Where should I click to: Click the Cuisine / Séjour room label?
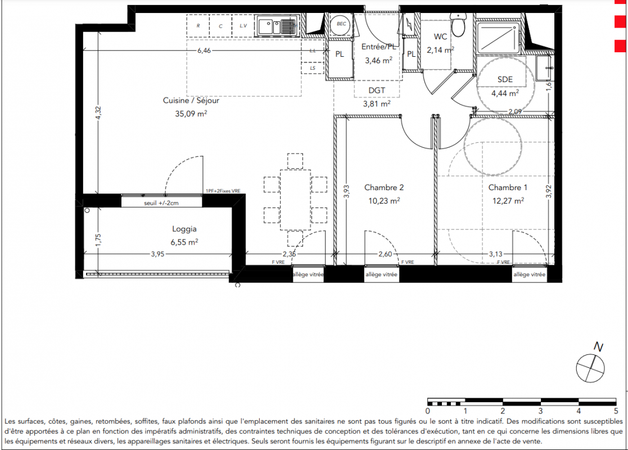[x=191, y=101]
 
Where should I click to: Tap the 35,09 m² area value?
[x=191, y=114]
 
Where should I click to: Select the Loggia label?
[x=184, y=229]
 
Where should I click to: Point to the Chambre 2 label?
[x=383, y=187]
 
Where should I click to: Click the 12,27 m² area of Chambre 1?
[x=508, y=201]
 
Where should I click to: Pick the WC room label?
[x=440, y=37]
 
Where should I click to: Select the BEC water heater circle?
[x=341, y=24]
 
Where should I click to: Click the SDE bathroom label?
[x=505, y=79]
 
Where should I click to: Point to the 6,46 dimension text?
[x=204, y=51]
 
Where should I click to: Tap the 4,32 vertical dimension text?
[x=98, y=113]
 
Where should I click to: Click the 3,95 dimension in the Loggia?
[x=157, y=254]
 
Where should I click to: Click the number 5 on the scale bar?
[x=616, y=411]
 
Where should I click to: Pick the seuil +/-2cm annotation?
[x=161, y=203]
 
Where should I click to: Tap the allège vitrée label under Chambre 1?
[x=530, y=274]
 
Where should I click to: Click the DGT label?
[x=377, y=91]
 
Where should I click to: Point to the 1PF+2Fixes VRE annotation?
[x=223, y=191]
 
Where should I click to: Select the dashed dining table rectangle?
[x=295, y=200]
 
